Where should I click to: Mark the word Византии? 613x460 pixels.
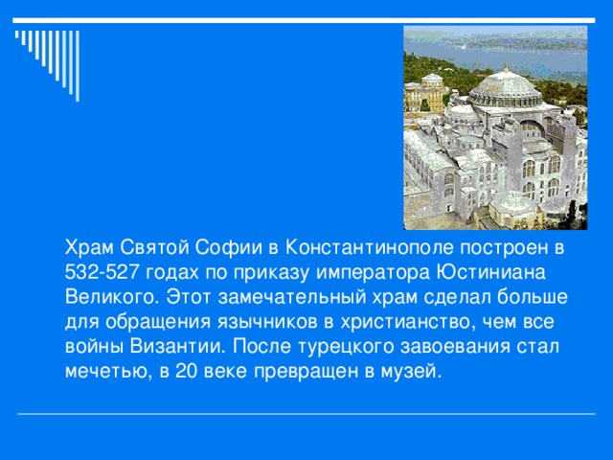(169, 345)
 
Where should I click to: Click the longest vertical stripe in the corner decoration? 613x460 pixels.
(76, 66)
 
